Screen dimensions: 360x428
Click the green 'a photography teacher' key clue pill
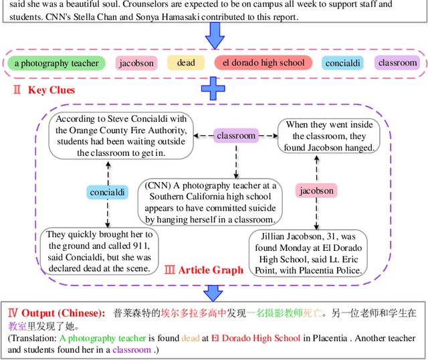coord(57,64)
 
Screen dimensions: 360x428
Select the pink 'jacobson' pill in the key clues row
coord(136,64)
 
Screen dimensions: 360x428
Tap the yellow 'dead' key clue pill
coord(186,63)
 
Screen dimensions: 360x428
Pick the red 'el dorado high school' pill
coord(263,63)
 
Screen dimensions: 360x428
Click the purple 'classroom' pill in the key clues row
coord(397,63)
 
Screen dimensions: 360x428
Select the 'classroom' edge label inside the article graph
coord(236,135)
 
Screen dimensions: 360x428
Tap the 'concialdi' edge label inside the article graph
coord(107,192)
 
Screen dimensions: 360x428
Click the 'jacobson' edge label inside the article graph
coord(317,191)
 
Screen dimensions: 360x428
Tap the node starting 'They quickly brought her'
coord(99,251)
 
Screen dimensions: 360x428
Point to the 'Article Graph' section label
coord(204,270)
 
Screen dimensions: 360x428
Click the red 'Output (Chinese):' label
coord(56,313)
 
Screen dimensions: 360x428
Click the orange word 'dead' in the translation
coord(191,338)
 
